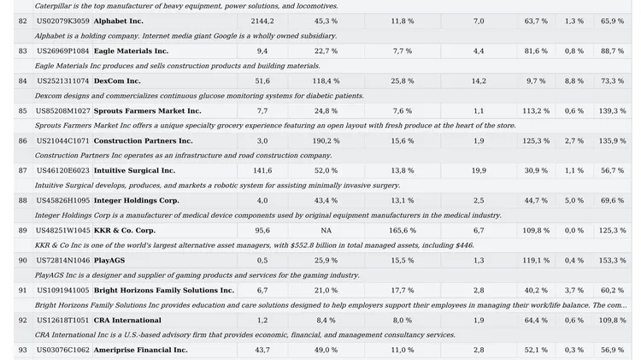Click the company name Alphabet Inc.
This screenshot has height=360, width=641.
tap(119, 21)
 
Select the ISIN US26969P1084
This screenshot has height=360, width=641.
tap(63, 51)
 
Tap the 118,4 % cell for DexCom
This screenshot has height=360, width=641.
tap(326, 81)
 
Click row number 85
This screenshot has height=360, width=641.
tap(22, 111)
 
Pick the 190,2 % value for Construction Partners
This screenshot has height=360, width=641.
tap(326, 141)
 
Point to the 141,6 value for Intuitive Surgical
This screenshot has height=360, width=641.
tap(262, 170)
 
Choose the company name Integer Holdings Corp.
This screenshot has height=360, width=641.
tap(137, 200)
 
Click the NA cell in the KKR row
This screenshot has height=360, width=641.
tap(326, 231)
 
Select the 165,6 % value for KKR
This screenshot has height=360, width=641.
tap(403, 231)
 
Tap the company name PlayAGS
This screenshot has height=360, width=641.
tap(109, 261)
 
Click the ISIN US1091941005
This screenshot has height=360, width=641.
tap(63, 291)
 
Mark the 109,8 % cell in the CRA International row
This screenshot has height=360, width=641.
tap(613, 321)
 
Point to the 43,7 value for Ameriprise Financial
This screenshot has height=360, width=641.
tap(262, 351)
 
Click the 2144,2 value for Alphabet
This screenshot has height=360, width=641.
tap(262, 21)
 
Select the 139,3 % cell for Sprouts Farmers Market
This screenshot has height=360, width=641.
tap(613, 111)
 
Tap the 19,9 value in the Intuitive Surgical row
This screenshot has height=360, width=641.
tap(479, 170)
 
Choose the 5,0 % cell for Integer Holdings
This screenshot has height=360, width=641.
tap(574, 200)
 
